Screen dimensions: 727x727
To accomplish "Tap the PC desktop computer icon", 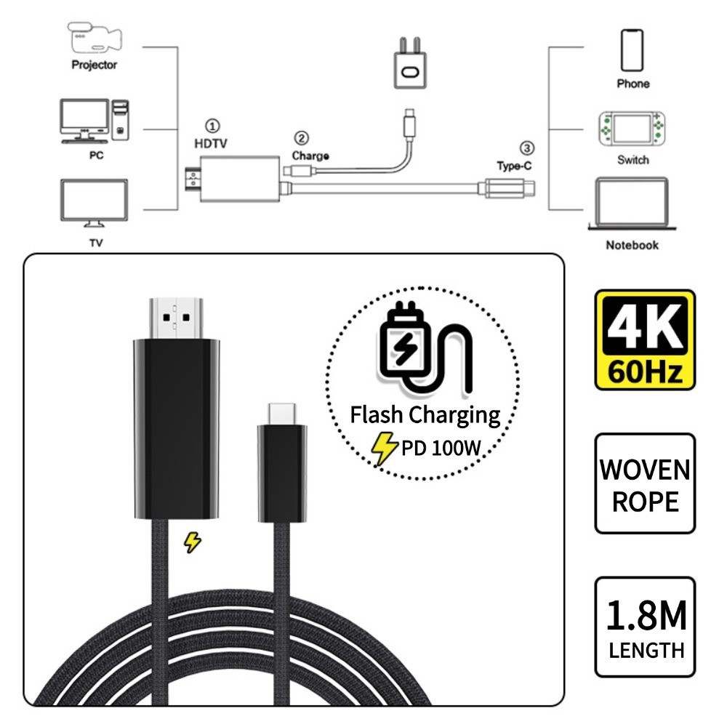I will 95,121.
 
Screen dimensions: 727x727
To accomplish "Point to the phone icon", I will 632,50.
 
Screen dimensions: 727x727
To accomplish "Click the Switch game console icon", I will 631,130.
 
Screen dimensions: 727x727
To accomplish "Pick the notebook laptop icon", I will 631,204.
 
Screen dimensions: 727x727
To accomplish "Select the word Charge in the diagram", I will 310,156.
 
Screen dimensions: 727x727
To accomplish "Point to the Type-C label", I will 515,165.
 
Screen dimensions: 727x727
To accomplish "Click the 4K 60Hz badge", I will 645,340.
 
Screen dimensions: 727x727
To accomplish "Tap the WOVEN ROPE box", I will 645,484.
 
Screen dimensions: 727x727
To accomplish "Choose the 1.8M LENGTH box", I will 645,627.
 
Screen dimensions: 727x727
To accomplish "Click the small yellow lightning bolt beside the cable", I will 192,542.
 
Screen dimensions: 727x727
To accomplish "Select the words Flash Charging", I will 425,415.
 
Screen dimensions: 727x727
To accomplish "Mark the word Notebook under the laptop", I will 632,245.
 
